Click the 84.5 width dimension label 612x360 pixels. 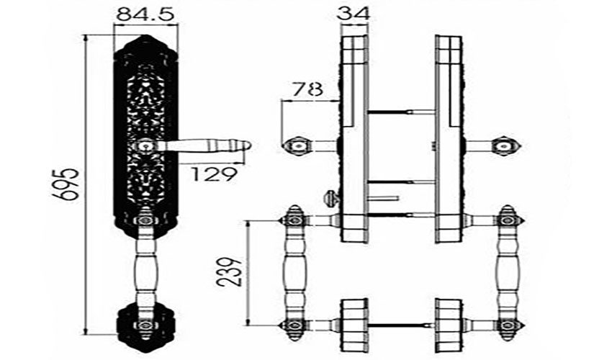(x=145, y=14)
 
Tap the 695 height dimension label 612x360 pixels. (x=66, y=184)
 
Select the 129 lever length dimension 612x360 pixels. (x=214, y=174)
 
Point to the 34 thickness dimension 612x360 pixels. (x=353, y=14)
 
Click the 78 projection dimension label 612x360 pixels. (x=308, y=89)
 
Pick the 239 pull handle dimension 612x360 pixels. (x=230, y=273)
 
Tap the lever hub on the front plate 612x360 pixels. (x=145, y=146)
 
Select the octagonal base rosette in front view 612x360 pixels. (x=145, y=325)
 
